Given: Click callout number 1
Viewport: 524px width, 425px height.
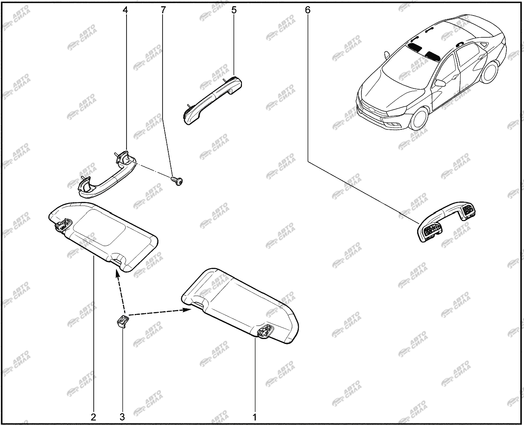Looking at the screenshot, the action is pos(255,417).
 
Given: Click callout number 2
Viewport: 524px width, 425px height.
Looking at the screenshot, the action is pos(93,417).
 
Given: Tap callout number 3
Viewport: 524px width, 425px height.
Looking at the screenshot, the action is pos(122,417).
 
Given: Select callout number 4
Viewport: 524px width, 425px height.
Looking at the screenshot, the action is pos(125,10).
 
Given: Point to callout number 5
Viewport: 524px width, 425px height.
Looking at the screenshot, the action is pos(234,10).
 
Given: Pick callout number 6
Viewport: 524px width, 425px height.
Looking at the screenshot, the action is pos(308,10).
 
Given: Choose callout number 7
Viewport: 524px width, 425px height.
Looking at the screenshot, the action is pos(163,10).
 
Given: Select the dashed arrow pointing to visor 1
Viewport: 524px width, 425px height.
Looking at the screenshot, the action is pos(160,312).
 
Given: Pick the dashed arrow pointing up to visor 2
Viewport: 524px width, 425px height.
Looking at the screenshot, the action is pos(121,292).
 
